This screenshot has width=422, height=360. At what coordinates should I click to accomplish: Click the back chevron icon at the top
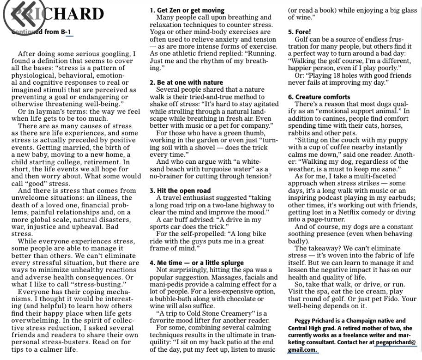pyautogui.click(x=19, y=15)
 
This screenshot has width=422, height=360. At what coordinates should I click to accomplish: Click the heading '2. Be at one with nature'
pyautogui.click(x=186, y=82)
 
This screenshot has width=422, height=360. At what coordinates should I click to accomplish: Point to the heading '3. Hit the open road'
pyautogui.click(x=180, y=191)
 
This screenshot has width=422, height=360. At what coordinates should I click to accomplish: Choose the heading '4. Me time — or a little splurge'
pyautogui.click(x=196, y=263)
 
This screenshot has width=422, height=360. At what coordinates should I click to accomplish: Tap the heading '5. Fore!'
pyautogui.click(x=298, y=32)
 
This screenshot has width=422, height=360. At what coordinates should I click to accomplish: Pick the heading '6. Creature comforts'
pyautogui.click(x=319, y=97)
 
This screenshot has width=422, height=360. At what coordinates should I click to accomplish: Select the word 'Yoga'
pyautogui.click(x=158, y=32)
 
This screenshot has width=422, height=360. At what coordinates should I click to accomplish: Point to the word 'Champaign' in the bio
pyautogui.click(x=360, y=321)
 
